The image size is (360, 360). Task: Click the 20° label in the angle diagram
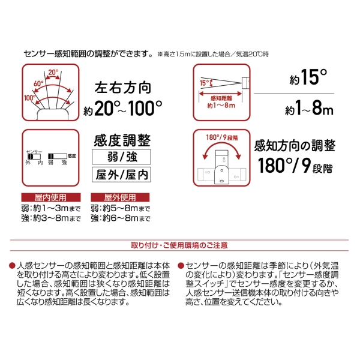[53, 73]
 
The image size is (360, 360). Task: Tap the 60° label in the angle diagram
[38, 83]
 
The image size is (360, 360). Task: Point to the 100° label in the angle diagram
[29, 98]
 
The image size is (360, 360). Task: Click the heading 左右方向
[123, 88]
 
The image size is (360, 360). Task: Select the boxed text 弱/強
[121, 157]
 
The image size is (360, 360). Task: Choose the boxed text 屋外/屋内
[121, 175]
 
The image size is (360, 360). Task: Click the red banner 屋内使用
[51, 197]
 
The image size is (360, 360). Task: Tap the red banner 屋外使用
[120, 197]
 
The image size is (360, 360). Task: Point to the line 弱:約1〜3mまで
[51, 208]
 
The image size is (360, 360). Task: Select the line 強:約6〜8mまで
[121, 218]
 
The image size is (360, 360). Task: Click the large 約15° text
[308, 77]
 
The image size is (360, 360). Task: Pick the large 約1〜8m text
[309, 107]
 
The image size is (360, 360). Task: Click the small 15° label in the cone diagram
[205, 83]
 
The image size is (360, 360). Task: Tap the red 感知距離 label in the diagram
[221, 98]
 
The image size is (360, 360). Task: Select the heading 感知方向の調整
[295, 146]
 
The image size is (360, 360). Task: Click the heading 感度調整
[122, 140]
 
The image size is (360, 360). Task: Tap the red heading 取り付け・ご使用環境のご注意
[179, 245]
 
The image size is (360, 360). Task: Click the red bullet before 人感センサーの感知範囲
[12, 266]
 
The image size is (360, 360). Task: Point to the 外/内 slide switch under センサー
[34, 157]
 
